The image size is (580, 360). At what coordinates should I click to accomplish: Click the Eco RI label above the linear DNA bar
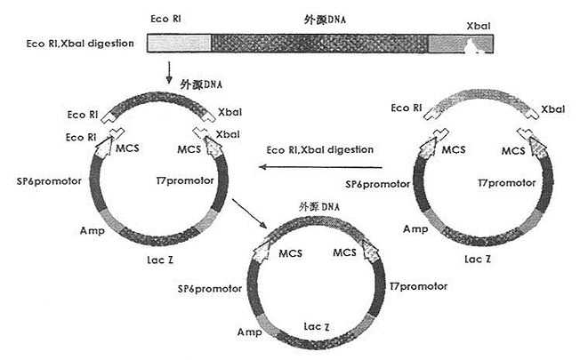(165, 19)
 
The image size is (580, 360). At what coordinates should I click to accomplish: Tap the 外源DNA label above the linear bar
(325, 20)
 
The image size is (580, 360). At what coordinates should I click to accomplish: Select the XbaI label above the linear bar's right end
(478, 26)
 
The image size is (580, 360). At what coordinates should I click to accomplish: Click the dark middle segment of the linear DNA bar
(319, 44)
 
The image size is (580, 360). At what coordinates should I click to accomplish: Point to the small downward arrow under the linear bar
(169, 72)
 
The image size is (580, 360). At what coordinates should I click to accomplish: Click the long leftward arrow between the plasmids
(320, 167)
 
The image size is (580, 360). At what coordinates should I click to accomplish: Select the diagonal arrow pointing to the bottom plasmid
(250, 213)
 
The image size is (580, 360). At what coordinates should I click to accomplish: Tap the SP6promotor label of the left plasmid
(49, 181)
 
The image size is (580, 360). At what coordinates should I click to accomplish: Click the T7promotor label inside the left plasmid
(185, 180)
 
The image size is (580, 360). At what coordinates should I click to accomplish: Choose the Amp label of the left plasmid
(93, 231)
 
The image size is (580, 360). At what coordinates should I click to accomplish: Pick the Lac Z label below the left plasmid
(160, 260)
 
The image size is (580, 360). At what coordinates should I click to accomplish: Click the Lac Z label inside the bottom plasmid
(317, 327)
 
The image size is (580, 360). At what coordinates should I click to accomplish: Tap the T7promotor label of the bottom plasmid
(418, 286)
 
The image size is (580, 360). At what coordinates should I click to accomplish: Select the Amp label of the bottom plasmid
(250, 332)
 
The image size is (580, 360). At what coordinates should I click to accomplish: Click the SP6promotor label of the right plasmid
(378, 184)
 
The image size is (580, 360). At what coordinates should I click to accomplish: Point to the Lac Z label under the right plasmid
(478, 259)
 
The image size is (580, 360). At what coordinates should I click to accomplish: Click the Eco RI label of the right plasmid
(407, 108)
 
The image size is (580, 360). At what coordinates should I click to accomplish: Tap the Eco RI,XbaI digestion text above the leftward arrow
(320, 149)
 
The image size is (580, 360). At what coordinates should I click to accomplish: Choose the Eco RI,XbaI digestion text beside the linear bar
(80, 44)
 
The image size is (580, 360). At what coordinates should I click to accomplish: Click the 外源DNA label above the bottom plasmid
(319, 206)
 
